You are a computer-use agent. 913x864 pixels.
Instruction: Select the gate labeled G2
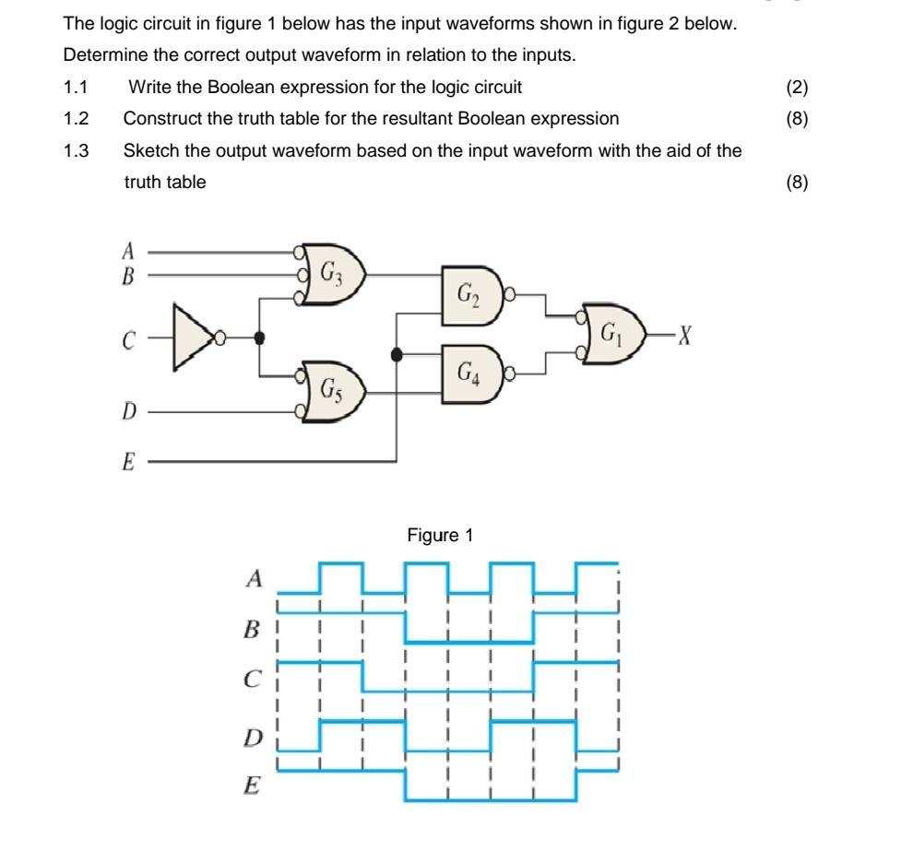click(471, 294)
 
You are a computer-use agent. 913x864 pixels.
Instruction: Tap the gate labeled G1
click(612, 331)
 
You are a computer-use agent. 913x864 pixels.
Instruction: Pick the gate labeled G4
click(471, 373)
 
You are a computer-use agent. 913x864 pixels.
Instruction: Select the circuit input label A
click(128, 250)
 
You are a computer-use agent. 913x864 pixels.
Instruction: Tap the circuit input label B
click(128, 274)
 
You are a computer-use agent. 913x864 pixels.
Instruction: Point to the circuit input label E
click(128, 463)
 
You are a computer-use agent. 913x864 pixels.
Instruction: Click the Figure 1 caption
click(440, 535)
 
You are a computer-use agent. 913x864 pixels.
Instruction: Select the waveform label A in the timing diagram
click(255, 579)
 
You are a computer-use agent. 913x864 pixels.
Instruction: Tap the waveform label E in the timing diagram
click(252, 787)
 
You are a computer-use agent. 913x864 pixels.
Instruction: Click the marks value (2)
click(797, 88)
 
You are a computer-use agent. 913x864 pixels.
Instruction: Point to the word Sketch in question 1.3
click(149, 150)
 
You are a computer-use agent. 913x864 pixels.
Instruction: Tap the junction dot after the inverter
click(261, 337)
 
